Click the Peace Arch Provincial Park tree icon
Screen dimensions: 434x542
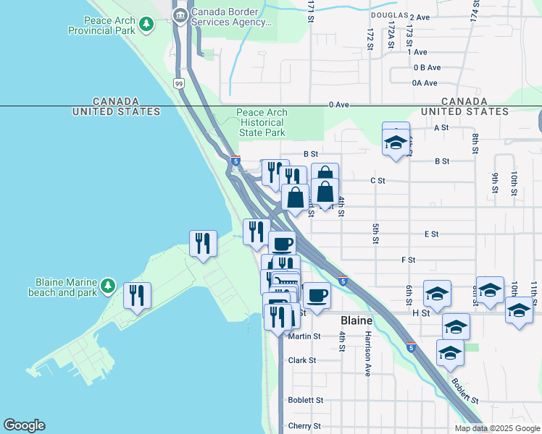[x=147, y=25]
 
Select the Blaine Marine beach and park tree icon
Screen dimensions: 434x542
[x=108, y=286]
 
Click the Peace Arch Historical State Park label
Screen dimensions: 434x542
[x=262, y=122]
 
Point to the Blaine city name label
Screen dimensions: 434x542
[x=357, y=320]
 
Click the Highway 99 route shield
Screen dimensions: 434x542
[x=179, y=84]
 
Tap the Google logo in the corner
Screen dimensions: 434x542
[x=25, y=425]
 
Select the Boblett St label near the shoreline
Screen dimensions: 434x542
[x=305, y=400]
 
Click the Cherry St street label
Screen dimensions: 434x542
[x=305, y=425]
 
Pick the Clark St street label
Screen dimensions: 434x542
[x=302, y=360]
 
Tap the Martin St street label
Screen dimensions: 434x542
[x=304, y=336]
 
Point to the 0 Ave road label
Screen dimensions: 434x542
[x=339, y=105]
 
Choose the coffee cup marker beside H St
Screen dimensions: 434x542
[x=316, y=295]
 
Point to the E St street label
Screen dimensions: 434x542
[x=432, y=234]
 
